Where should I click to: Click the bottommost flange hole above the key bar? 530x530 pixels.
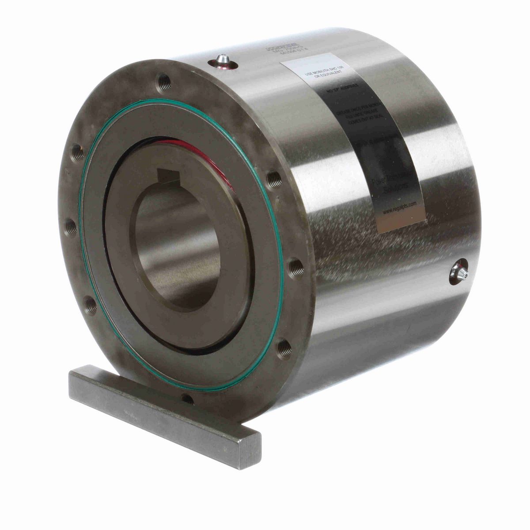pyautogui.click(x=187, y=400)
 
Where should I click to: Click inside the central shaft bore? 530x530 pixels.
pyautogui.click(x=177, y=247)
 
